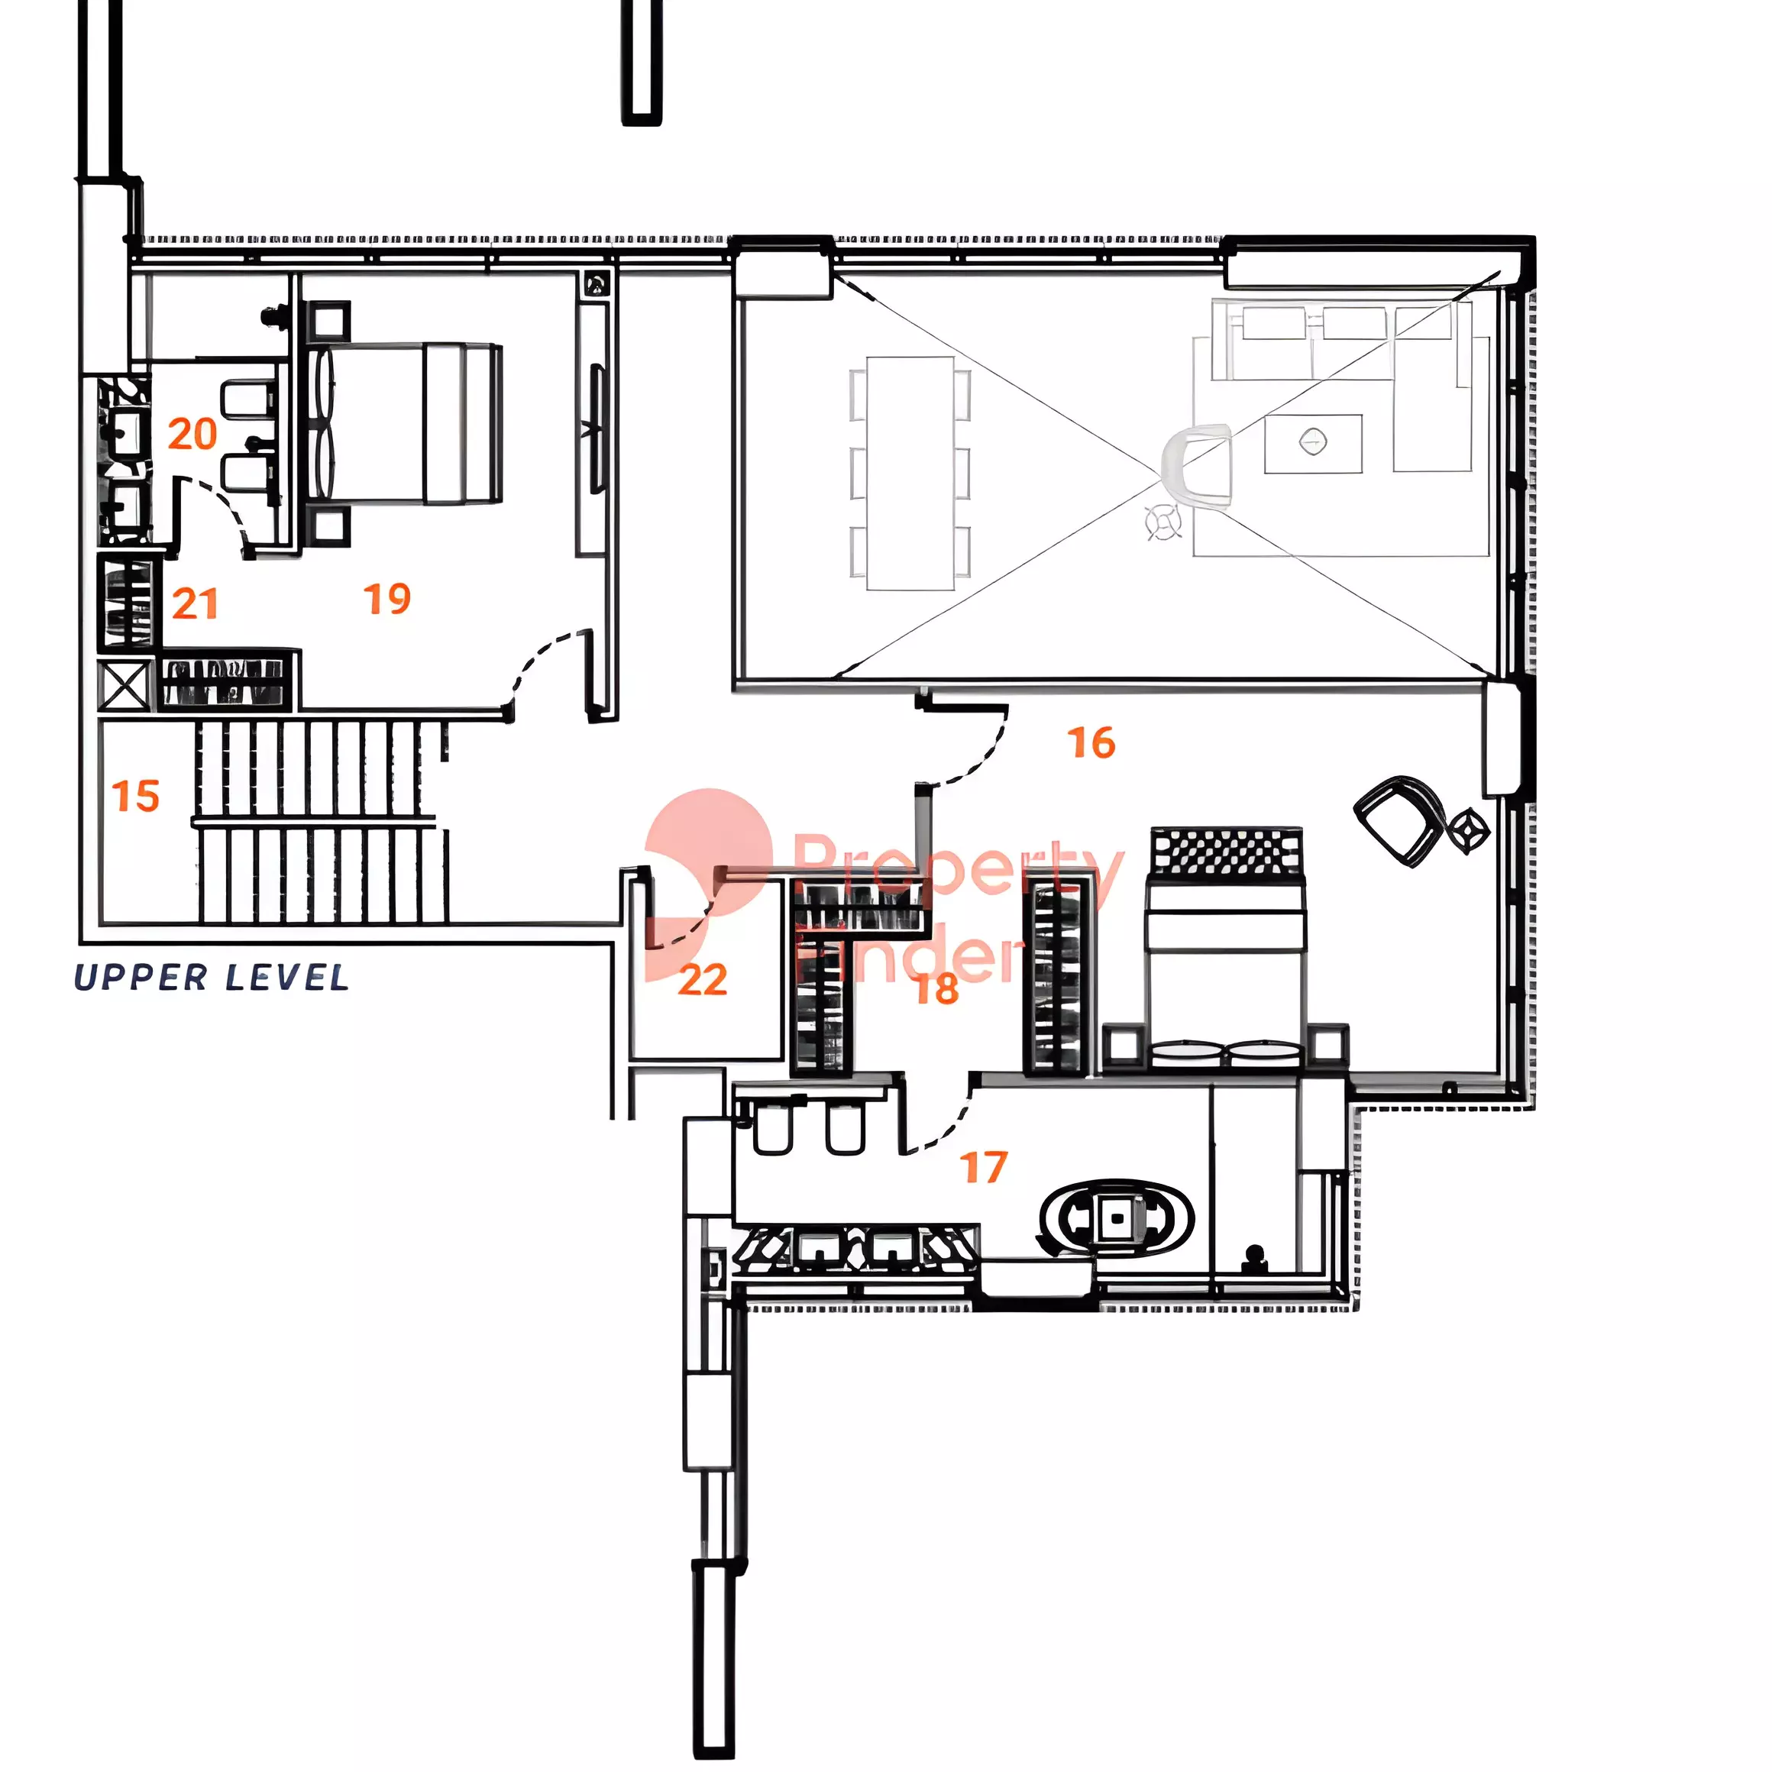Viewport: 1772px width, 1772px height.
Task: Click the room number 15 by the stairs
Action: point(136,795)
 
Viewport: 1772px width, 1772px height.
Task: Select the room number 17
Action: point(983,1168)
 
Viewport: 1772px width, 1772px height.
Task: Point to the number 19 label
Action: point(387,599)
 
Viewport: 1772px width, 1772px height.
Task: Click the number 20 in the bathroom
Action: point(192,434)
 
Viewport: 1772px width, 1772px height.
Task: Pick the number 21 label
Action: point(195,604)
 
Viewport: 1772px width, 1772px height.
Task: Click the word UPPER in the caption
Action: point(141,978)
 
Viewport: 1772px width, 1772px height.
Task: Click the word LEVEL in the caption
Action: point(287,978)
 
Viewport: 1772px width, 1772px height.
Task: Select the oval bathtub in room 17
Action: point(1116,1218)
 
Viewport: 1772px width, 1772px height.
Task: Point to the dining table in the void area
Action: point(910,474)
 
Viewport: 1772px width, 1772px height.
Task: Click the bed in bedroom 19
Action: point(403,424)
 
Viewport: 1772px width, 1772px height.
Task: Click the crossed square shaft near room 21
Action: point(124,685)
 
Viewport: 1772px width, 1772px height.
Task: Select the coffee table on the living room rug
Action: point(1312,444)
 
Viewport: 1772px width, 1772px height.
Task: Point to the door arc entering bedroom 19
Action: point(541,657)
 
